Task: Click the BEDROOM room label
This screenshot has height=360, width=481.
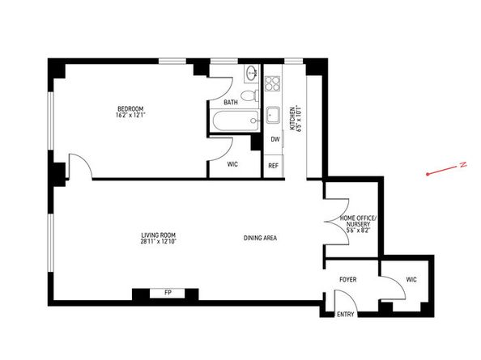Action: (130, 109)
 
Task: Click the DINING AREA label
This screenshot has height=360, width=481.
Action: (260, 239)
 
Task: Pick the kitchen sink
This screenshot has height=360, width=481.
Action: (274, 115)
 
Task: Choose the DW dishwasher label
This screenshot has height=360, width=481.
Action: (275, 139)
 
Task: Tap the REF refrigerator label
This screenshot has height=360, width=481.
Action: (274, 166)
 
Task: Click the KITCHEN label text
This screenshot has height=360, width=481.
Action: (292, 121)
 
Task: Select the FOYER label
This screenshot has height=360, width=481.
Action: (347, 280)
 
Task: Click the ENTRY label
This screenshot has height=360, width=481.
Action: (345, 314)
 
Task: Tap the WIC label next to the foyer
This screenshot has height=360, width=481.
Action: (411, 280)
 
